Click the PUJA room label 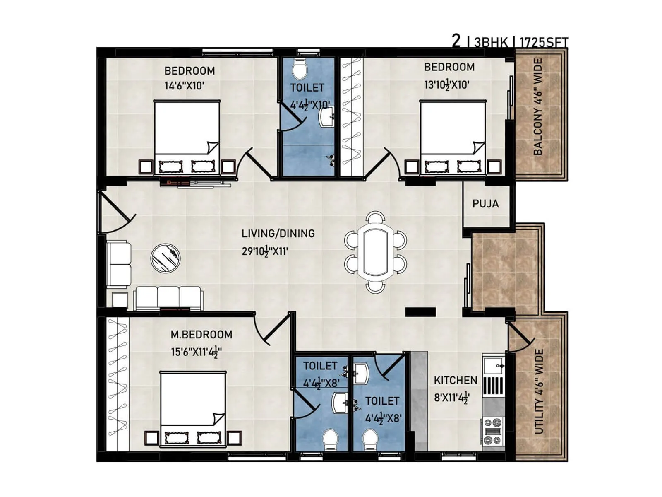(485, 204)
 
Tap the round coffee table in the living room (165, 258)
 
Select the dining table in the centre (376, 252)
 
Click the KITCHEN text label (455, 380)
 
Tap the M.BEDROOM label (201, 334)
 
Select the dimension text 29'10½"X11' (265, 251)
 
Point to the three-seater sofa (168, 298)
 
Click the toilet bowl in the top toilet (299, 69)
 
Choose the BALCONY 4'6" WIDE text (537, 107)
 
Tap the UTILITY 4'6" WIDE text (538, 391)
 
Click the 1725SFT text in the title (544, 42)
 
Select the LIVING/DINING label (278, 233)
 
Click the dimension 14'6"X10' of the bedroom (185, 86)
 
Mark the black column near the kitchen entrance (420, 312)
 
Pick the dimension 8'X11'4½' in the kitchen (451, 398)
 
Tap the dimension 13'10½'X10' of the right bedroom (446, 85)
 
